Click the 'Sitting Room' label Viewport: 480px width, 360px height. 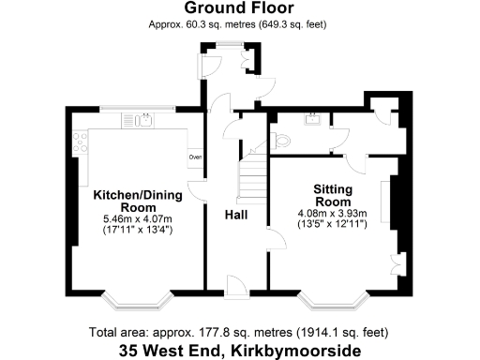coord(333,195)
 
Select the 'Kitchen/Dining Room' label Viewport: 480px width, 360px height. coord(137,202)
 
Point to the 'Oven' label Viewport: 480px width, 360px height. coord(195,157)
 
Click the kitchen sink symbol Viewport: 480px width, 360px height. coord(146,119)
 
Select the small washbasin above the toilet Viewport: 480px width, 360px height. coord(313,119)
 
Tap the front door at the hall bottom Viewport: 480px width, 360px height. coord(236,284)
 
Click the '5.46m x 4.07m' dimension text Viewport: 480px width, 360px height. coord(137,218)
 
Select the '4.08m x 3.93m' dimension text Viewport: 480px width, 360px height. coord(333,214)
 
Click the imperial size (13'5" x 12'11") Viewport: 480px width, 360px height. coord(333,225)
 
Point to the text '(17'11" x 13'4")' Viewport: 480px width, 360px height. coord(137,230)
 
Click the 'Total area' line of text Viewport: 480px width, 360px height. coord(239,332)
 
